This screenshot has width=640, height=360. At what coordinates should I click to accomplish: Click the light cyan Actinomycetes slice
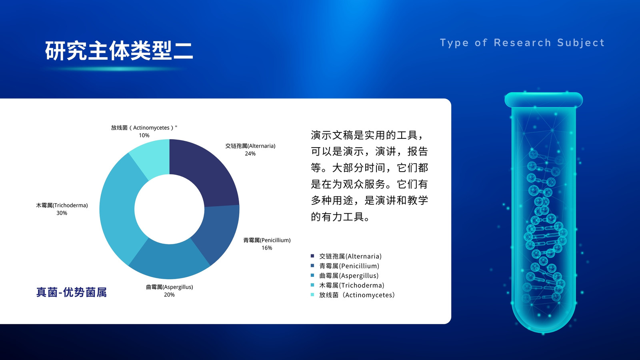[x=154, y=157]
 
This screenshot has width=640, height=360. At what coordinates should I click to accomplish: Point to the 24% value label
[x=250, y=154]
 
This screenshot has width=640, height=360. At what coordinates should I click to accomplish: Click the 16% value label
[x=267, y=248]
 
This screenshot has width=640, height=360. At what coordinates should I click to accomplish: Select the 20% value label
[x=169, y=295]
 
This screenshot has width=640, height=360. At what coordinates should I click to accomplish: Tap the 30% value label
[x=62, y=213]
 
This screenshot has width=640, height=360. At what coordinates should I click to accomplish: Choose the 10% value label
[x=144, y=136]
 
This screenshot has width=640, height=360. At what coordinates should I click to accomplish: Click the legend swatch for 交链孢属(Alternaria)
[x=312, y=256]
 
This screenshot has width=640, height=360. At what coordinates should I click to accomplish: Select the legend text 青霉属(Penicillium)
[x=349, y=266]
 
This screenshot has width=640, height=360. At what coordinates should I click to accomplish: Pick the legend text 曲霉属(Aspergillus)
[x=349, y=276]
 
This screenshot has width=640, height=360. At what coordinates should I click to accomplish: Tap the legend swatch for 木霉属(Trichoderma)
[x=312, y=285]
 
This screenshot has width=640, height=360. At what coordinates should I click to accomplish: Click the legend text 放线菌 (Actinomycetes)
[x=357, y=295]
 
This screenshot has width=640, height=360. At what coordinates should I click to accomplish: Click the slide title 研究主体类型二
[x=119, y=50]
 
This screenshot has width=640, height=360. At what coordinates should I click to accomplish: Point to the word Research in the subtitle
[x=522, y=42]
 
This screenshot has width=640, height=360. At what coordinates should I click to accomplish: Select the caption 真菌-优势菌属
[x=72, y=292]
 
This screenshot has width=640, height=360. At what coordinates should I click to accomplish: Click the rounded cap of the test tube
[x=544, y=100]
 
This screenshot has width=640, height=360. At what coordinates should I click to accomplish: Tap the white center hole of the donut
[x=170, y=209]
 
